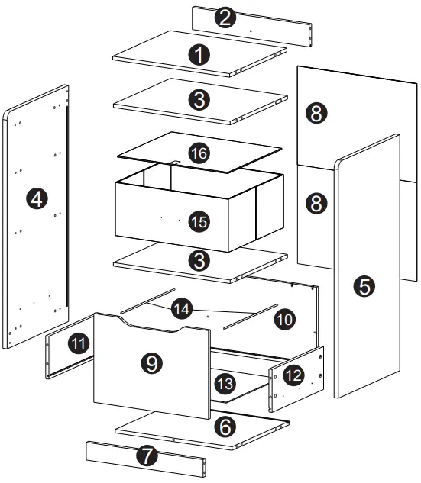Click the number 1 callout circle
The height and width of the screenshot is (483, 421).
click(x=199, y=55)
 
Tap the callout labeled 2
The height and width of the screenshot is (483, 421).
click(x=225, y=18)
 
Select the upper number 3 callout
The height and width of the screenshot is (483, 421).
click(x=199, y=100)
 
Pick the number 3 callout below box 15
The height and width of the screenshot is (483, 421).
click(x=199, y=260)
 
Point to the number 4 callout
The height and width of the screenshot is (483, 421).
click(x=37, y=198)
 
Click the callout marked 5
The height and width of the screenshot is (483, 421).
click(x=364, y=286)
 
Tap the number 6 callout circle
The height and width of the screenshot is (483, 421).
click(x=225, y=427)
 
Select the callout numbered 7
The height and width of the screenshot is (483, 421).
click(x=147, y=456)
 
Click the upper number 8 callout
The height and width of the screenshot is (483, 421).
click(x=316, y=113)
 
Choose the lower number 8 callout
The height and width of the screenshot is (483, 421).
click(x=316, y=203)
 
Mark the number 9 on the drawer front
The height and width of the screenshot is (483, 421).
click(x=152, y=363)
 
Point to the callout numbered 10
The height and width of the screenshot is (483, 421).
click(x=285, y=320)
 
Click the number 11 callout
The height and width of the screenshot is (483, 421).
click(x=79, y=343)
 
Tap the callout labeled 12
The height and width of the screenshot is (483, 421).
click(x=293, y=375)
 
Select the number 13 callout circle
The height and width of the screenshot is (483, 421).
click(x=225, y=384)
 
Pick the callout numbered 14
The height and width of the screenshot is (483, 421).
click(x=182, y=309)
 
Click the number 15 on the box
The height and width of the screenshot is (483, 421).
click(x=199, y=221)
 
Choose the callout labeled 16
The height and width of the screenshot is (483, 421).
click(x=199, y=153)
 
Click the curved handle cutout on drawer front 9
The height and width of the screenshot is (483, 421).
click(x=151, y=327)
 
